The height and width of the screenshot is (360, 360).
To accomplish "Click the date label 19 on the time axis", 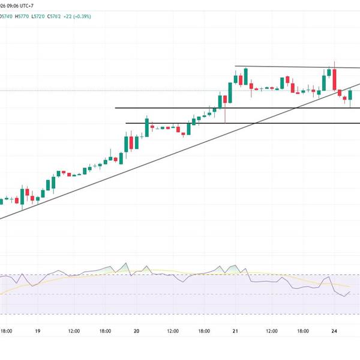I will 37,331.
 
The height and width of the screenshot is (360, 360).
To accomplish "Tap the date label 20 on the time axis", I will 136,331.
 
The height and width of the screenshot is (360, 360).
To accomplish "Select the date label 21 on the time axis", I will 235,331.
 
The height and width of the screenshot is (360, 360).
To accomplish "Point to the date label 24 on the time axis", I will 334,331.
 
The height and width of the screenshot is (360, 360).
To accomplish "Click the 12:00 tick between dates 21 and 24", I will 271,331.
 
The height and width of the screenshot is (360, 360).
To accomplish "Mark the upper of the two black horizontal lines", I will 168,108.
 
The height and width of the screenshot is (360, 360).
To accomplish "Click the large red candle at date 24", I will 334,80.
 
